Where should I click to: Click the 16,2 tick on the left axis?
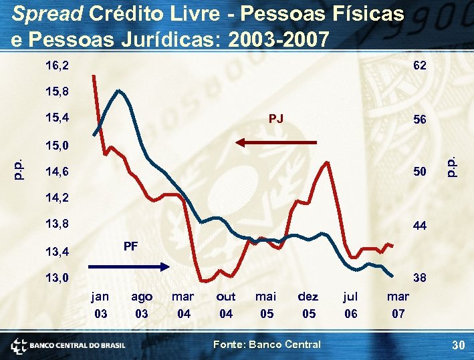pos(57,66)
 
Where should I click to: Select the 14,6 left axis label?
pos(57,172)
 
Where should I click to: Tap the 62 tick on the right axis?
pos(420,66)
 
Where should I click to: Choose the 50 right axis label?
pos(420,172)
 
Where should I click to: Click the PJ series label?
pos(275,119)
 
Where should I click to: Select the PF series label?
pos(131,246)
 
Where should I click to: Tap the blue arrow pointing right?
pos(129,266)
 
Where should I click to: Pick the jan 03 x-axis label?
pos(100,305)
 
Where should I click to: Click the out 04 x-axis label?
pos(226,305)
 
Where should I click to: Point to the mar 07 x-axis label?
pos(398,305)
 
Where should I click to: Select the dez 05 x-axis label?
pos(308,305)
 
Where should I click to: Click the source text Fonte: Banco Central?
pos(266,345)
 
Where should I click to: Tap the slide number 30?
pos(457,345)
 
